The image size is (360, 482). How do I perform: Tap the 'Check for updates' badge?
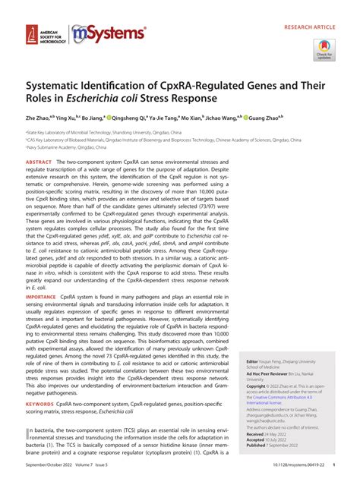coord(324,50)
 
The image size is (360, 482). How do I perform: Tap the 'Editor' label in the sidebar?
coord(247,362)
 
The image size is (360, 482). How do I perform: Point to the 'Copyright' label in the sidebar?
coord(250,386)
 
